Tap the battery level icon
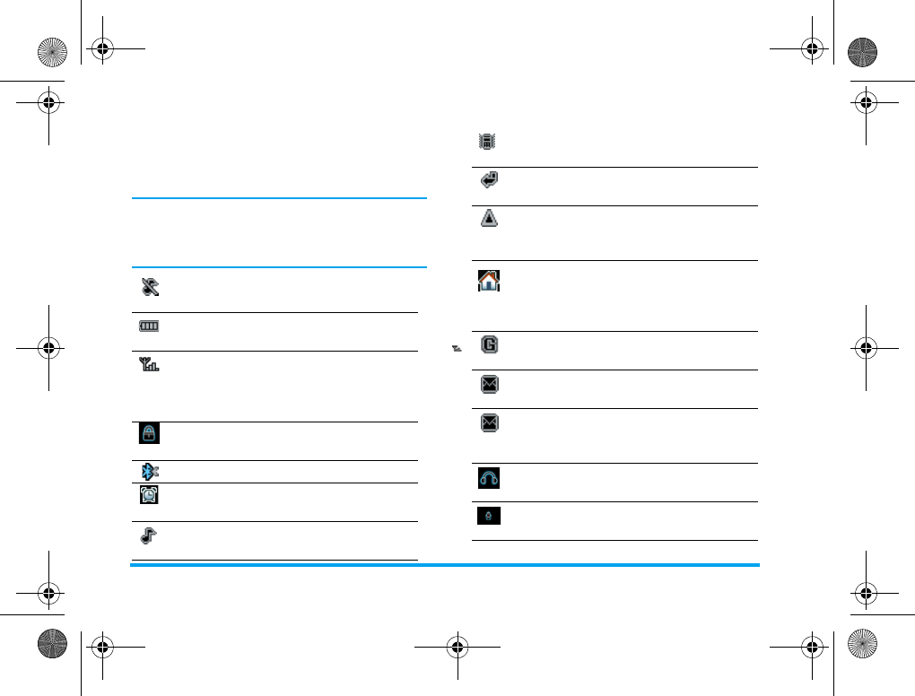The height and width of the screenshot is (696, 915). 147,326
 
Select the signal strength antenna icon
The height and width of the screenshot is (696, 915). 147,366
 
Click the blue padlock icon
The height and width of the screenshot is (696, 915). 147,434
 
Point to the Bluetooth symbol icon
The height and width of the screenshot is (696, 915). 147,472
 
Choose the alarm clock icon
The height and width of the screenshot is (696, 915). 147,495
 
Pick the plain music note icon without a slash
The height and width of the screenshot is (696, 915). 147,536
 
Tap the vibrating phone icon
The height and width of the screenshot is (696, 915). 488,141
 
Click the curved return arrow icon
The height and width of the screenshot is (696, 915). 489,180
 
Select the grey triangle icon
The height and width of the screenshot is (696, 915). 489,219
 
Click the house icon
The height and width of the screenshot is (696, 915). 489,282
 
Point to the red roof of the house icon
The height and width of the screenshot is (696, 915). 489,274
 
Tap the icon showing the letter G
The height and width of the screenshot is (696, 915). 489,344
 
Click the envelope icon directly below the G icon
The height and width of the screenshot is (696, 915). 489,385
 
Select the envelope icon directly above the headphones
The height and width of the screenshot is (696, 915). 489,423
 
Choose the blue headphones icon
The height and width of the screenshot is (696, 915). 489,479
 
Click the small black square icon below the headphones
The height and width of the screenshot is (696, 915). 489,517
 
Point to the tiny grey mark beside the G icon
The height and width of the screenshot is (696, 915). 457,348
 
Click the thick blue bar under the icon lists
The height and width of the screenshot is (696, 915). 444,565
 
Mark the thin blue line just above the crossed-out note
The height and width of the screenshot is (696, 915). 278,267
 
